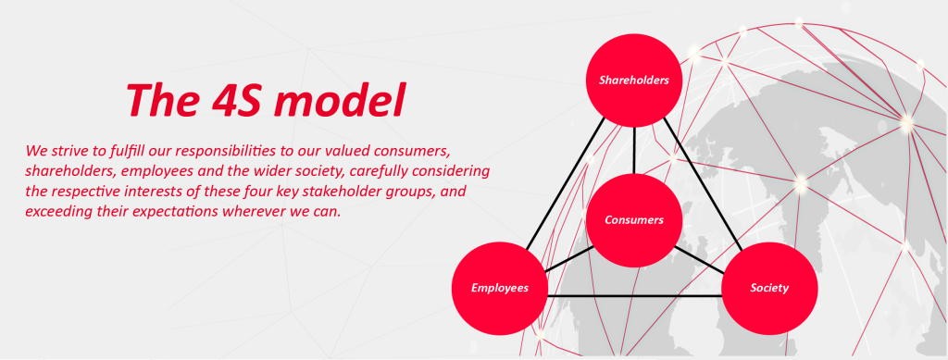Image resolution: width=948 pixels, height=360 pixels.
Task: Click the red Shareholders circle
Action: click(x=634, y=81)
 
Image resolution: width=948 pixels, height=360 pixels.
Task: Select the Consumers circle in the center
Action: click(x=634, y=220)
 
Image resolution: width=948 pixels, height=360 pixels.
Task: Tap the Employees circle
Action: click(x=499, y=288)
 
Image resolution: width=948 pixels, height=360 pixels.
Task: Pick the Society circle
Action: click(x=769, y=288)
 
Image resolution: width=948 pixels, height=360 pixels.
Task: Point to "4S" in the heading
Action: click(x=236, y=100)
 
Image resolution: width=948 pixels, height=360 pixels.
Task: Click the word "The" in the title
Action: click(x=162, y=100)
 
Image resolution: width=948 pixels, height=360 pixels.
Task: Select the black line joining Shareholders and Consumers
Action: click(x=634, y=151)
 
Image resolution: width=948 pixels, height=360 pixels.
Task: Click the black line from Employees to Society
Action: click(x=635, y=295)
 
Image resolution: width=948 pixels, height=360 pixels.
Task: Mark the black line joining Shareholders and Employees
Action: click(x=566, y=183)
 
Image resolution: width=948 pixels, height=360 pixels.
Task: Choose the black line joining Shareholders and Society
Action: click(x=704, y=183)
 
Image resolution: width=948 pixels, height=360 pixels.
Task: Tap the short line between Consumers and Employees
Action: click(x=569, y=258)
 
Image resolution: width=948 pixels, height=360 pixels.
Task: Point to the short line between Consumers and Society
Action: click(x=700, y=258)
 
